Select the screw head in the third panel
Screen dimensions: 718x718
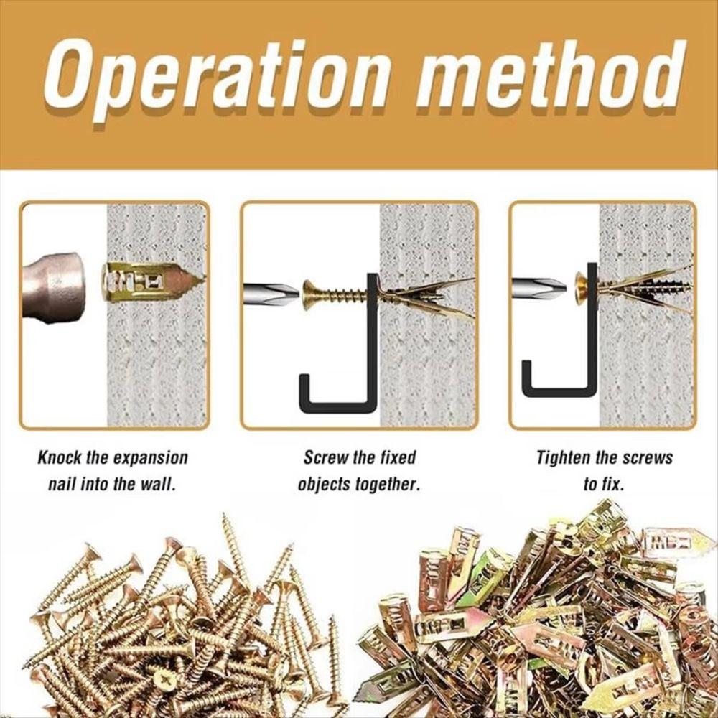coord(580,287)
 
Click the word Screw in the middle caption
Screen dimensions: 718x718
coord(323,458)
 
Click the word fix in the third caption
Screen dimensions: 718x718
coord(612,485)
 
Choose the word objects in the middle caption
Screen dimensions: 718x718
coord(325,485)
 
